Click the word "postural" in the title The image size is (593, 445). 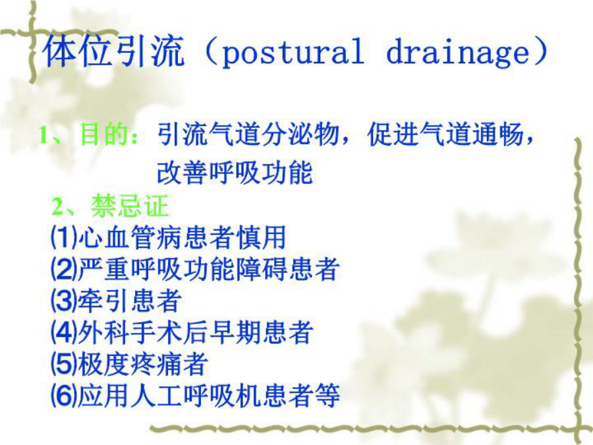click(293, 53)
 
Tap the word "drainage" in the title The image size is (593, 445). click(458, 53)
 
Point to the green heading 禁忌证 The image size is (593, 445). click(130, 206)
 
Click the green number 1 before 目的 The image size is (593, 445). click(44, 134)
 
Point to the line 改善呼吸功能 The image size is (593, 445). click(235, 173)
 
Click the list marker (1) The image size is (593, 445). click(64, 237)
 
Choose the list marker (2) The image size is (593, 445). click(64, 269)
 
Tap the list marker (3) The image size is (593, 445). click(64, 301)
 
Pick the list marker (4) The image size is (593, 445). click(64, 332)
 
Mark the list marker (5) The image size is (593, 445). click(64, 364)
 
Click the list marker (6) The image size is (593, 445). click(64, 396)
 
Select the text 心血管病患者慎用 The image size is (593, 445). click(182, 237)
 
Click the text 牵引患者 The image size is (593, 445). click(130, 301)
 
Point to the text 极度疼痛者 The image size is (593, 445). click(142, 364)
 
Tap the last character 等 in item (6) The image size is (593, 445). click(327, 396)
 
